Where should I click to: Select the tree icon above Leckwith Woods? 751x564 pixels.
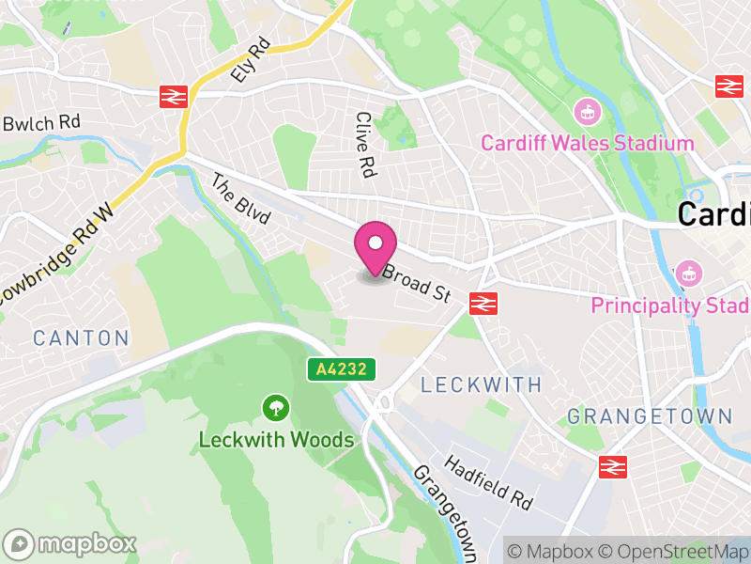pyautogui.click(x=276, y=408)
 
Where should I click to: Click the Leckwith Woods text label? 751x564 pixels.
pyautogui.click(x=276, y=440)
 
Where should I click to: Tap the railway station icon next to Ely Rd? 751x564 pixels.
pyautogui.click(x=174, y=95)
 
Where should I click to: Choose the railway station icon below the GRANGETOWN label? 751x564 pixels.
pyautogui.click(x=612, y=465)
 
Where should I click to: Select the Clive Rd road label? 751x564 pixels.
pyautogui.click(x=364, y=146)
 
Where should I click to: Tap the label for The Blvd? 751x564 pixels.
pyautogui.click(x=239, y=200)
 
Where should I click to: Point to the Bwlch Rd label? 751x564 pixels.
pyautogui.click(x=41, y=123)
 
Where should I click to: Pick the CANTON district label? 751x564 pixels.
pyautogui.click(x=80, y=337)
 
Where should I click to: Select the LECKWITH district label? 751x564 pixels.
pyautogui.click(x=481, y=384)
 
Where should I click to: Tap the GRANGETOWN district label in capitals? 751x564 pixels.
pyautogui.click(x=650, y=415)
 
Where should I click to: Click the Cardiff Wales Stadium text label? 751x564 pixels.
pyautogui.click(x=587, y=144)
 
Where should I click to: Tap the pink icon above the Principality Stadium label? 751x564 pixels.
pyautogui.click(x=689, y=274)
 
